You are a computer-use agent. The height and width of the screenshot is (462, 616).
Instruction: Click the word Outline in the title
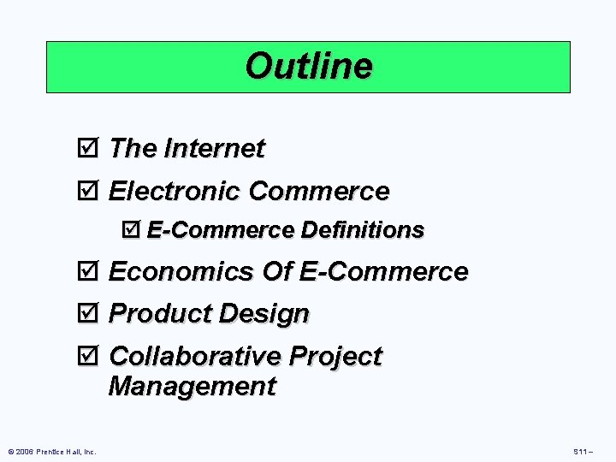click(x=308, y=66)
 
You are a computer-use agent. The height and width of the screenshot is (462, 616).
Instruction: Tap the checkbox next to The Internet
click(x=93, y=149)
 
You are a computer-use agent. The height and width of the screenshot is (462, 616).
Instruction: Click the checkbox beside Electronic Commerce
click(x=93, y=190)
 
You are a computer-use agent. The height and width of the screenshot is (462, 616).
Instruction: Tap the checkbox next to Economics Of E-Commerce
click(x=93, y=272)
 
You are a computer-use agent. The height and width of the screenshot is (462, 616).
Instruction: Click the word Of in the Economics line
click(x=277, y=272)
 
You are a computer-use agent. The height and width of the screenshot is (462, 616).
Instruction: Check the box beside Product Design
click(x=93, y=313)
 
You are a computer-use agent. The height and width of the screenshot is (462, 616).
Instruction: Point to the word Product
click(x=160, y=313)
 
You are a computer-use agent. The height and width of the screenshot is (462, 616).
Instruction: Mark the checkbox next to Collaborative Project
click(x=93, y=356)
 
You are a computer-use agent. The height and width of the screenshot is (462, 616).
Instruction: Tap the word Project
click(x=335, y=356)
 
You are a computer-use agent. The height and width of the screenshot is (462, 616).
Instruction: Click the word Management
click(x=192, y=387)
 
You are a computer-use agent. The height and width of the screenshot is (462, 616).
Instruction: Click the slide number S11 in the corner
click(x=581, y=451)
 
